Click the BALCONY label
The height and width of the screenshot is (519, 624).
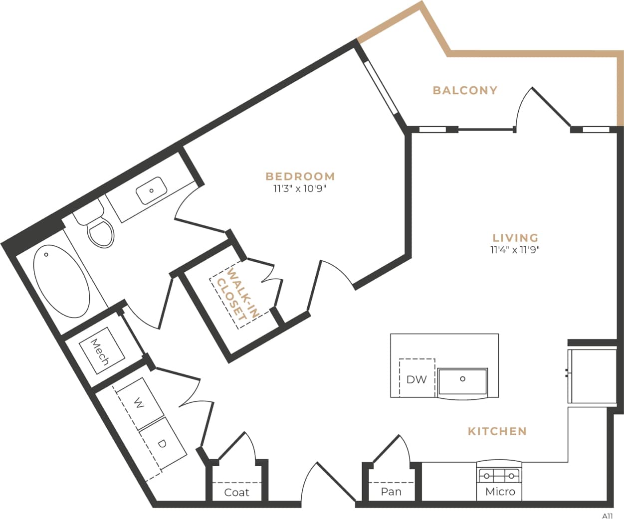465,90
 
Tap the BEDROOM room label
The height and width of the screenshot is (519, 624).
300,176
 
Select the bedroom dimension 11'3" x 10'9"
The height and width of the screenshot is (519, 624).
300,189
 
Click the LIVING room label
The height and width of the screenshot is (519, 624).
515,238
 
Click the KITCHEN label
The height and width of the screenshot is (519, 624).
497,431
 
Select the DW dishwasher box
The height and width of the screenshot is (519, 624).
416,379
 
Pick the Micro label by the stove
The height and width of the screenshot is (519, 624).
500,492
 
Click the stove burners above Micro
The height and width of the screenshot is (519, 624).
499,476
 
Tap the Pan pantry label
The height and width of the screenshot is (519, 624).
391,492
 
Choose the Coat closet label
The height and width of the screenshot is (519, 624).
236,493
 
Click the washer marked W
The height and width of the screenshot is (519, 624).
140,403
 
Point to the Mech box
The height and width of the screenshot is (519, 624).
102,351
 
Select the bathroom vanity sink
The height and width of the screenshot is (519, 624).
152,190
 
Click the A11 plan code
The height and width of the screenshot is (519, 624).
607,516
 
